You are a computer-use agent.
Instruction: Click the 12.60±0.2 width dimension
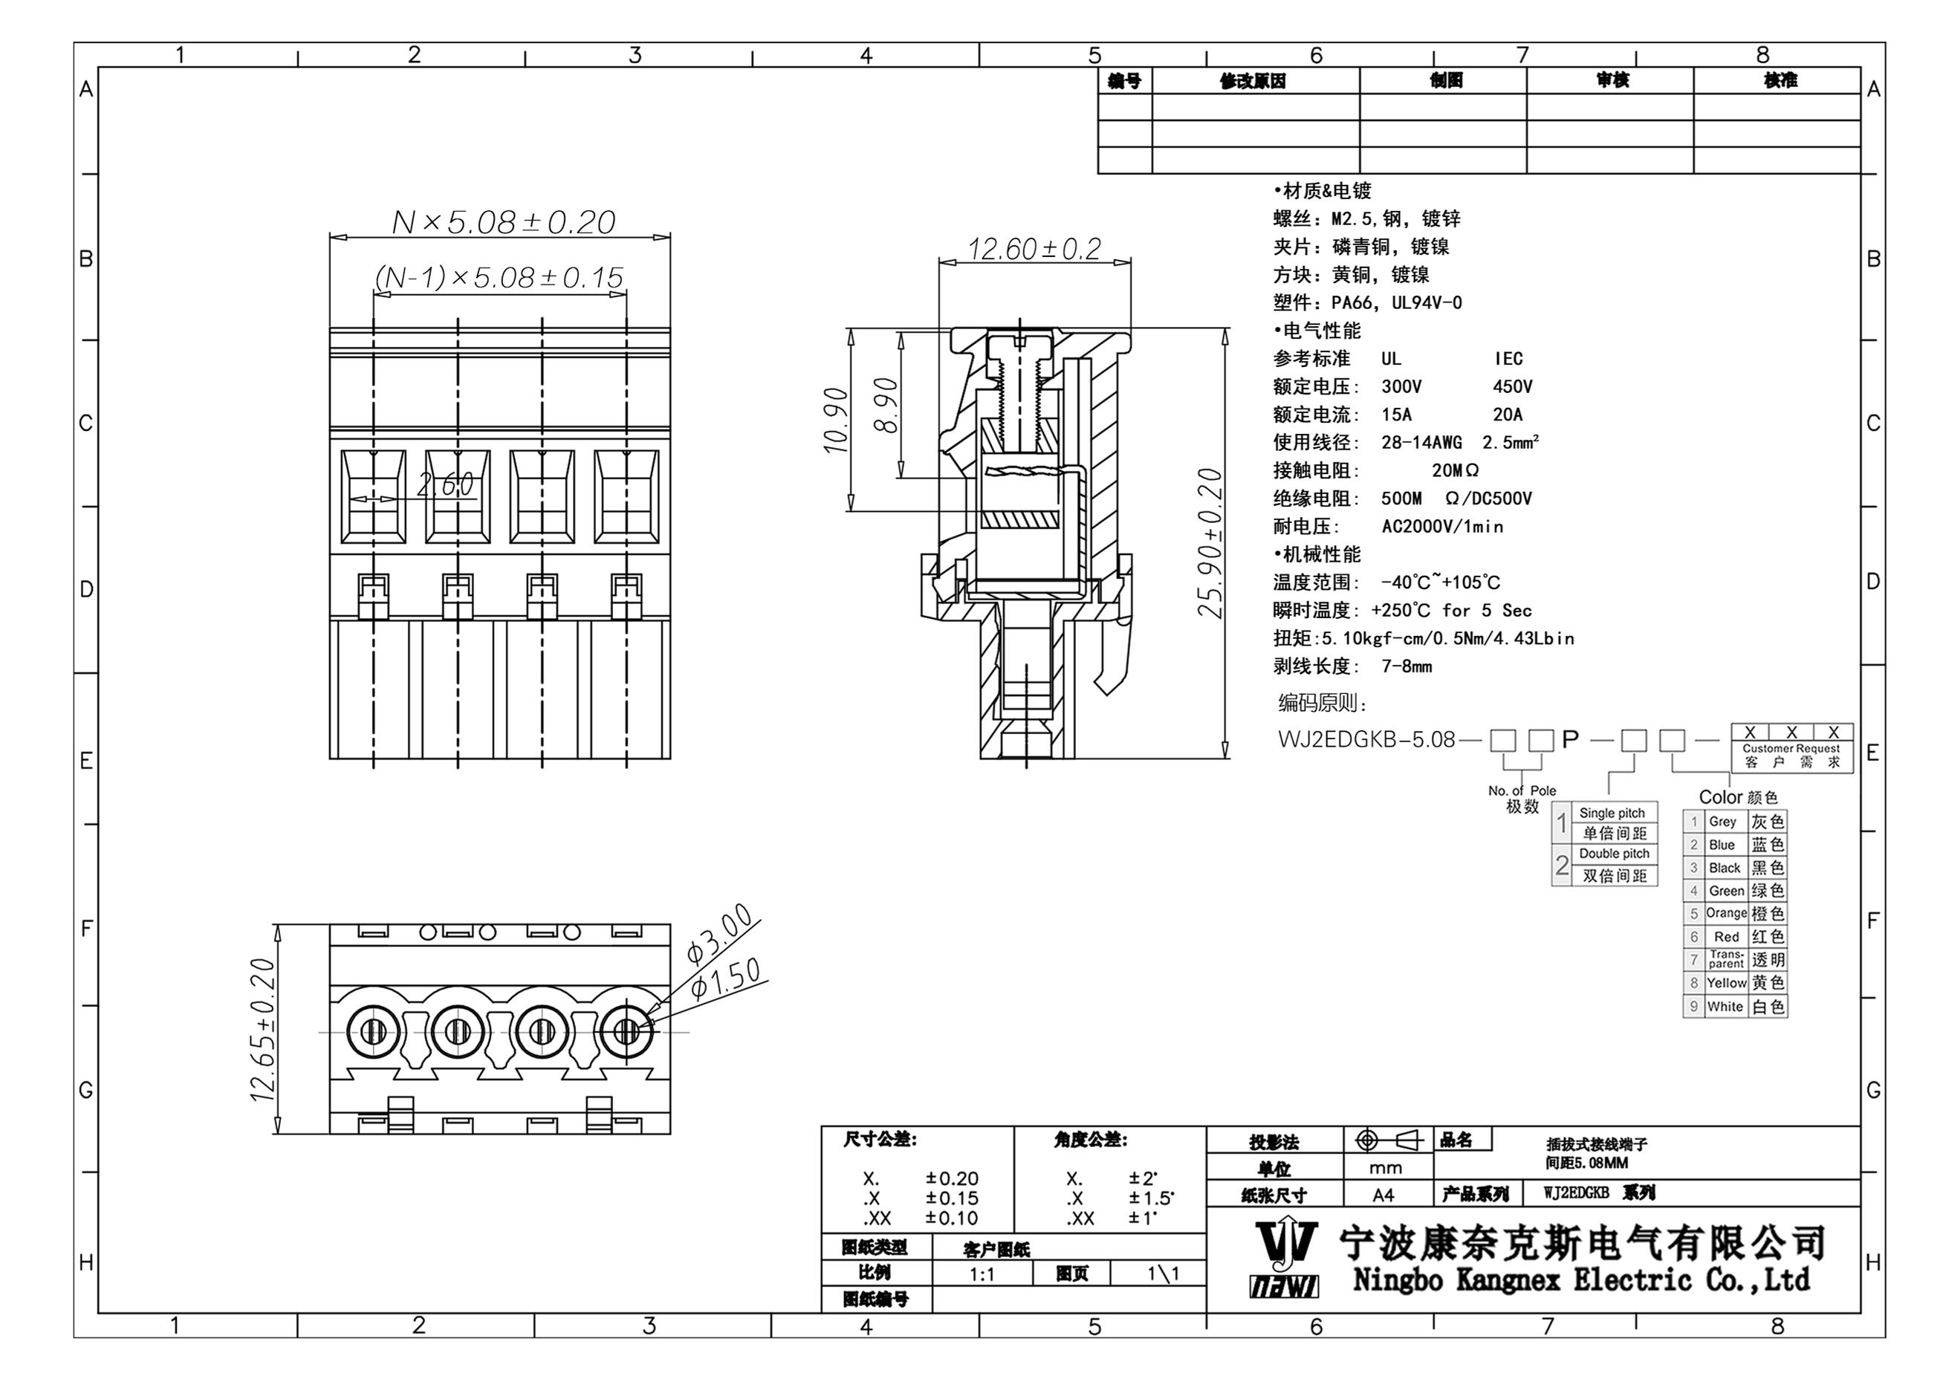pos(1034,249)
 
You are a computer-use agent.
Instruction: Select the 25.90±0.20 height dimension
pos(1210,543)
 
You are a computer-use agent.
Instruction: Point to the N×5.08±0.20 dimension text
pos(504,223)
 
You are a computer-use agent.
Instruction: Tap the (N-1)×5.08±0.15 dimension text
pos(499,277)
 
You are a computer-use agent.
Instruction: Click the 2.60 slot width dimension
pos(446,484)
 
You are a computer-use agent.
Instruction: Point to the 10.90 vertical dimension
pos(836,421)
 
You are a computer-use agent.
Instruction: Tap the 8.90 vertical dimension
pos(886,405)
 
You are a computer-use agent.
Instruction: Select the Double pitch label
pos(1614,854)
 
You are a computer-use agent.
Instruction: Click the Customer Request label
pos(1791,749)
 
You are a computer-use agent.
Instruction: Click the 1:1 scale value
pos(982,1274)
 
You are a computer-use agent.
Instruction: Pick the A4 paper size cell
pos(1384,1195)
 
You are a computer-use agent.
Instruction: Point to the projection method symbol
pos(1387,1141)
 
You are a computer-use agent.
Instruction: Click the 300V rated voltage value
pos(1401,387)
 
